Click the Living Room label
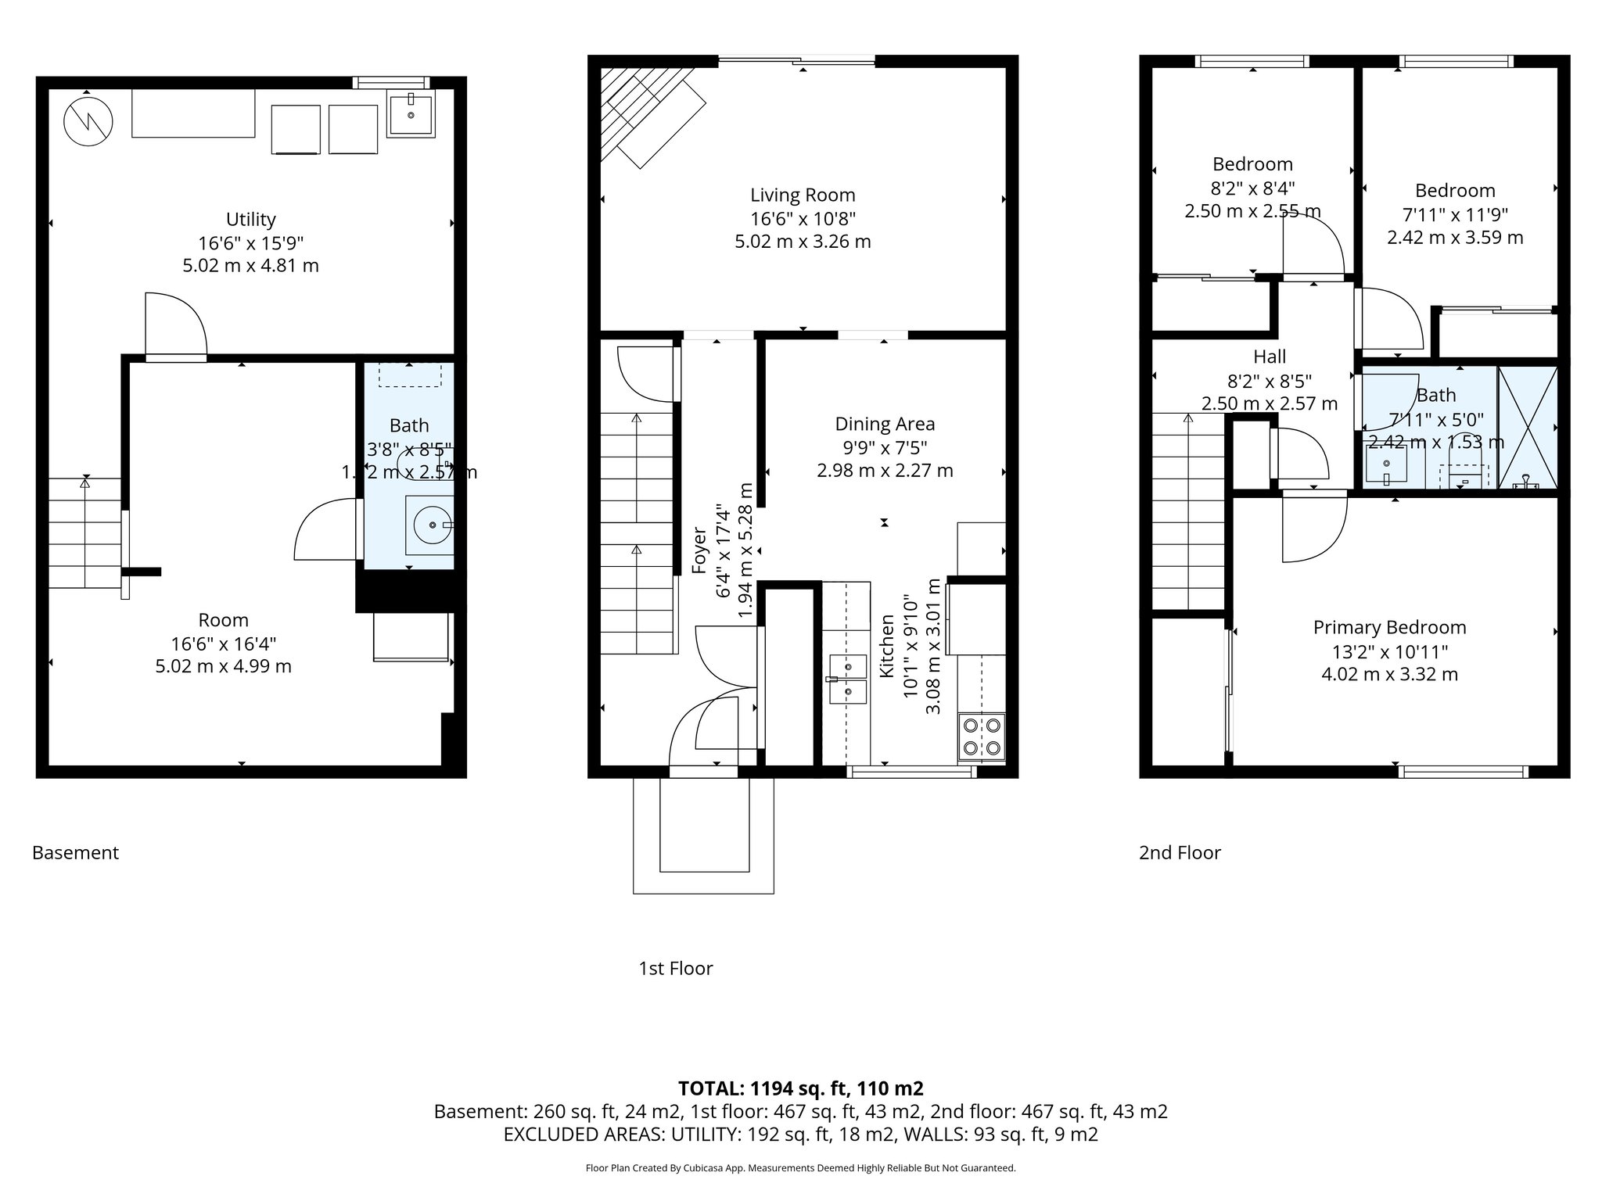(x=803, y=195)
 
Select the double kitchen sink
(x=848, y=679)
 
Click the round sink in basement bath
(x=429, y=525)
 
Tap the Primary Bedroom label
(x=1389, y=627)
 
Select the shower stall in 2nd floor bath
(x=1528, y=427)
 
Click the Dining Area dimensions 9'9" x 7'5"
(x=885, y=448)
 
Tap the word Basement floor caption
(x=75, y=852)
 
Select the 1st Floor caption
(x=676, y=968)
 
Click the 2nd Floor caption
(x=1180, y=852)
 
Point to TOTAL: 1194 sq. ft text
(x=800, y=1088)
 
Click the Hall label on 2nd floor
(x=1270, y=357)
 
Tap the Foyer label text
(x=700, y=550)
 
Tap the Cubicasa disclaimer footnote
(x=800, y=1168)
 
